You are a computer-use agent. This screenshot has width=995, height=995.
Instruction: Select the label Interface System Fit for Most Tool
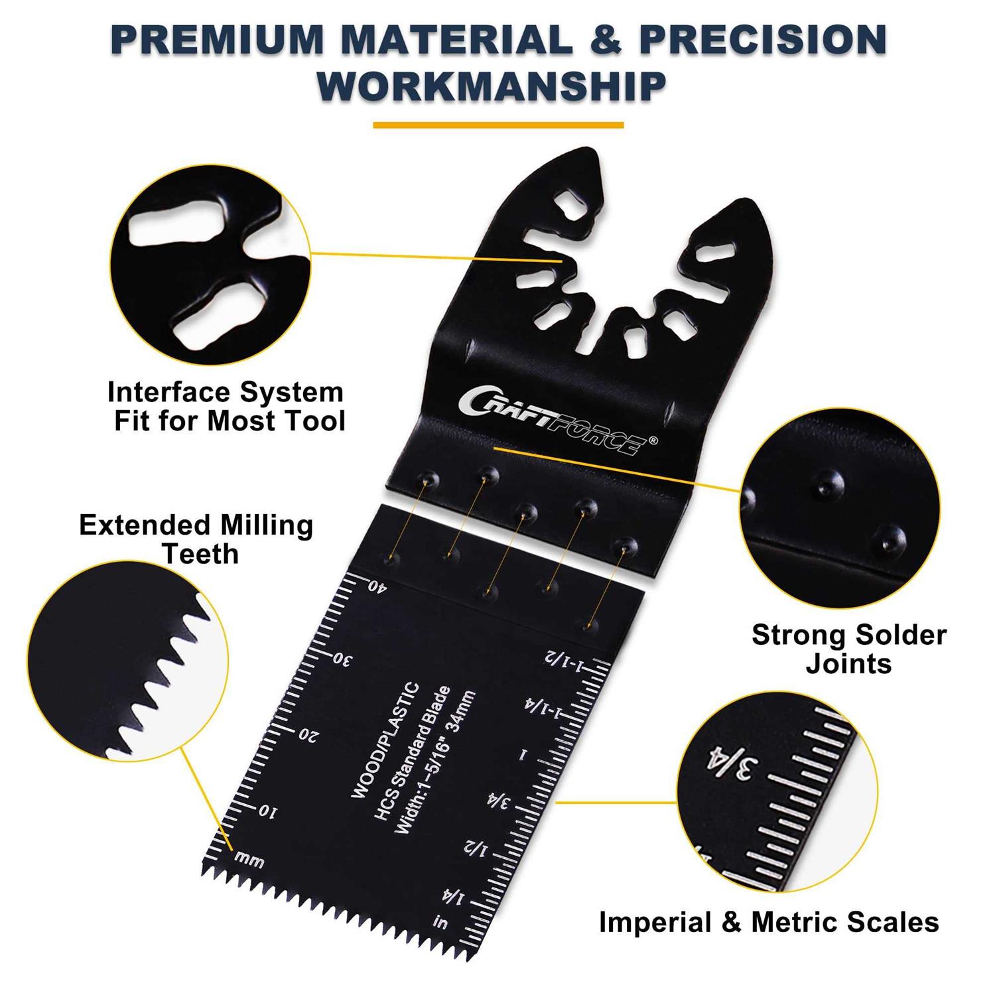point(226,406)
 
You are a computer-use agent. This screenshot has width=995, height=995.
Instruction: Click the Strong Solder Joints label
point(848,649)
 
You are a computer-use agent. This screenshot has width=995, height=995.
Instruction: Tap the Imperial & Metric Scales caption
point(769,923)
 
